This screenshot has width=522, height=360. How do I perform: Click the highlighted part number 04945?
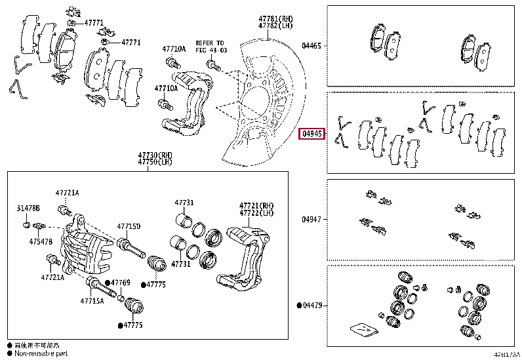311,134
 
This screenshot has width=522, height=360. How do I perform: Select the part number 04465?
311,46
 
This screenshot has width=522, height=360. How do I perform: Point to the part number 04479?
311,306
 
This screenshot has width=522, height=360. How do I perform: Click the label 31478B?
28,208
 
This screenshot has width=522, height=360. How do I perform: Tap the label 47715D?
129,226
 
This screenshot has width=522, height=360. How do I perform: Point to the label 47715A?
92,301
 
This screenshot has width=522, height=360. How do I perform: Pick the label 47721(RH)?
256,205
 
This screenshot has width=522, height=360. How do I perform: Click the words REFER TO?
210,43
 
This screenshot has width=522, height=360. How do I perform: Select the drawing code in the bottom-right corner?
506,354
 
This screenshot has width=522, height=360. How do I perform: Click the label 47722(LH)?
256,213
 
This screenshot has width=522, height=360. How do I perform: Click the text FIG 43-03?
210,49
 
